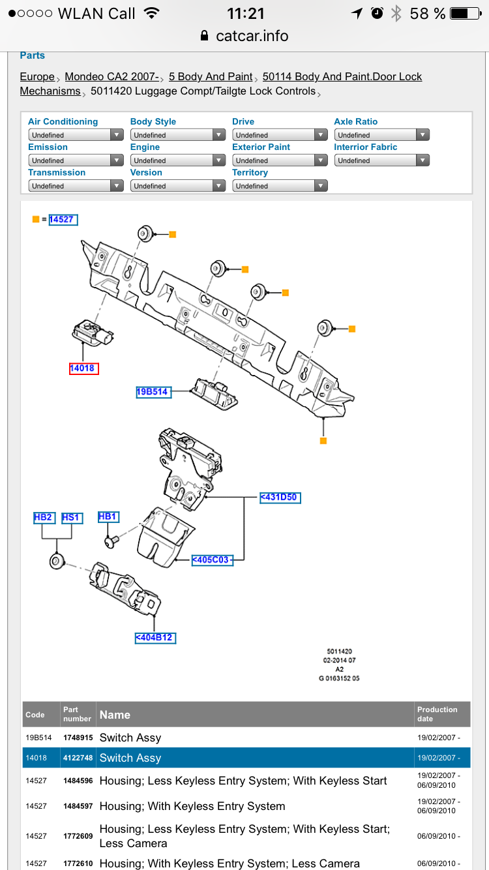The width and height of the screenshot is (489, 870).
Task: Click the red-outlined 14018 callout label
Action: click(82, 368)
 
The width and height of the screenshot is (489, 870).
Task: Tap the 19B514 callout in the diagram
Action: click(153, 392)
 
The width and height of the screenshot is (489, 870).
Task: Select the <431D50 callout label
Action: click(280, 497)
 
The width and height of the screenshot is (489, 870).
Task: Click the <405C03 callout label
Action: click(212, 560)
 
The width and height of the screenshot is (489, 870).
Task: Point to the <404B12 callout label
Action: click(155, 637)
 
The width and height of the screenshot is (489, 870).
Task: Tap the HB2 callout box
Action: click(43, 518)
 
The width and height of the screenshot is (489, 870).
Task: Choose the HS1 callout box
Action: click(71, 518)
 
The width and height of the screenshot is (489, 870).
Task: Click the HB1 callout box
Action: click(108, 517)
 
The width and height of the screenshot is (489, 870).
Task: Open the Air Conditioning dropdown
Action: click(76, 135)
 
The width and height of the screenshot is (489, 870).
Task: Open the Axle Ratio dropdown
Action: click(381, 135)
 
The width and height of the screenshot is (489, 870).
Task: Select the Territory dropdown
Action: click(280, 186)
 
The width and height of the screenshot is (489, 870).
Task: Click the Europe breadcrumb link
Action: click(37, 77)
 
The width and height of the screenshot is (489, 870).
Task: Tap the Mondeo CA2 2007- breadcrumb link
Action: click(111, 77)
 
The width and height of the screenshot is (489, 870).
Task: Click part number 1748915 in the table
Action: click(78, 738)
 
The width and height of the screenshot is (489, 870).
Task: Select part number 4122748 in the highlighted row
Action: click(78, 758)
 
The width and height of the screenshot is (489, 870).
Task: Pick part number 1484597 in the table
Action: click(78, 806)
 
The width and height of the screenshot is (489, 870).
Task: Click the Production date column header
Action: click(437, 714)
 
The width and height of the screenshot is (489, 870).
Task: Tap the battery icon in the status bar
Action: click(467, 14)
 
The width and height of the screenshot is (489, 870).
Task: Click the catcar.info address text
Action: click(252, 36)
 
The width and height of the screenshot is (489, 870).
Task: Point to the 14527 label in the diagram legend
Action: click(63, 220)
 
